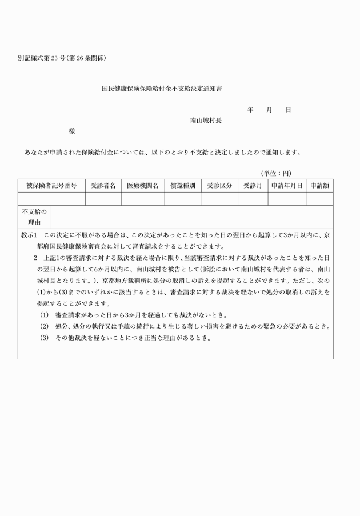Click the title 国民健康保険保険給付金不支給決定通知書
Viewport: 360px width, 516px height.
click(x=162, y=90)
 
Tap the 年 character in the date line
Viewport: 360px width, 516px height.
click(x=250, y=110)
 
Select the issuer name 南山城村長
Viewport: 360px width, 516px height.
click(x=206, y=121)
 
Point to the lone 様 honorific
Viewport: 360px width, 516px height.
click(x=72, y=131)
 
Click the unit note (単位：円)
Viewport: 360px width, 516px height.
click(x=277, y=173)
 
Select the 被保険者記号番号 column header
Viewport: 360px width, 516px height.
click(x=51, y=186)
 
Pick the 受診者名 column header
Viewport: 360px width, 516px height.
click(x=103, y=186)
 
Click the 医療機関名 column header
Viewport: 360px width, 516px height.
click(x=142, y=186)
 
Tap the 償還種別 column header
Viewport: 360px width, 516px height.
click(x=182, y=186)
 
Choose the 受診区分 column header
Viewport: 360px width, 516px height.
click(x=219, y=186)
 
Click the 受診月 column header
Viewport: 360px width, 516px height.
click(x=252, y=186)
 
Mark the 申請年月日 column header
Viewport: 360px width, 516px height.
click(x=287, y=186)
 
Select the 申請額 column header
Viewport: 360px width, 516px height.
click(x=319, y=186)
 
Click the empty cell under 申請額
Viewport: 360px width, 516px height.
click(x=319, y=199)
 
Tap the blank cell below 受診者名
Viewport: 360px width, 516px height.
click(x=103, y=199)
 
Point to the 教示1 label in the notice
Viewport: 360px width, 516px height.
click(x=29, y=235)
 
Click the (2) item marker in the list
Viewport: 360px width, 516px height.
click(x=44, y=326)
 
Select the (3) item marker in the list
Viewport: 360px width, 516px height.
click(x=44, y=338)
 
